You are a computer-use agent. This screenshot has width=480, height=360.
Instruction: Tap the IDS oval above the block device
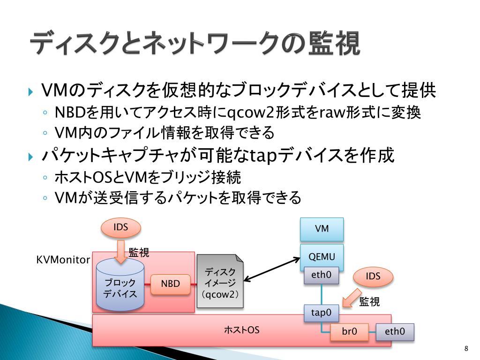(x=121, y=228)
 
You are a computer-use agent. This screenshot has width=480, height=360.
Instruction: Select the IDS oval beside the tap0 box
(x=373, y=277)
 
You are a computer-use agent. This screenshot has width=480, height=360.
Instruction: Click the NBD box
(x=171, y=284)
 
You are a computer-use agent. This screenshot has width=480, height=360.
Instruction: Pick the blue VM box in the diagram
(x=322, y=229)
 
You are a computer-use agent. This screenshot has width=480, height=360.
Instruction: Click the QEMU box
(x=322, y=256)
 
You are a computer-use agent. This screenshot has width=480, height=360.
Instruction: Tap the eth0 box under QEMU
(x=322, y=275)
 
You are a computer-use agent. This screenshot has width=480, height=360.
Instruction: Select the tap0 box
(x=322, y=312)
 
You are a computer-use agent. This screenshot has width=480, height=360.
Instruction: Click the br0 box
(x=349, y=332)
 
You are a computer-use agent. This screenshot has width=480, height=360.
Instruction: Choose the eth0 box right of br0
(x=395, y=332)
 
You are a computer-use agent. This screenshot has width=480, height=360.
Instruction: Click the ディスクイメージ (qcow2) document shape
(x=220, y=282)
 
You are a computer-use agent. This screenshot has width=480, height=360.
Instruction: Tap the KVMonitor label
(x=63, y=260)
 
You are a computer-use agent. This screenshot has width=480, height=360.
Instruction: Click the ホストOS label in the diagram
(x=241, y=330)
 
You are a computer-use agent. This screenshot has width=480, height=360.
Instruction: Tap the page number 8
(x=466, y=348)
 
